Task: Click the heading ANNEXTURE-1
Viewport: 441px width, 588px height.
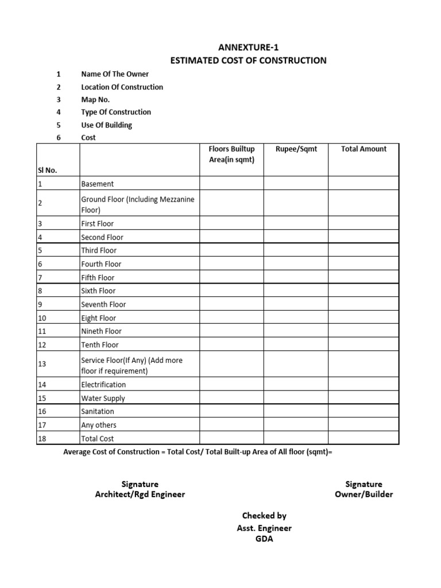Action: (248, 47)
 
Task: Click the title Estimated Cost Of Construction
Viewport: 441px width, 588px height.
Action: (248, 60)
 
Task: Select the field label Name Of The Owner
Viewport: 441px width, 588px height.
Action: (115, 74)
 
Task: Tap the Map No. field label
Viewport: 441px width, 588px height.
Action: (95, 99)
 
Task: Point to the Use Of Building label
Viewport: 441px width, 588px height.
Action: (106, 125)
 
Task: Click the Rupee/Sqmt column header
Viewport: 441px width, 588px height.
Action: (296, 149)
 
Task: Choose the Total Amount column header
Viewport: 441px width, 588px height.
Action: (363, 149)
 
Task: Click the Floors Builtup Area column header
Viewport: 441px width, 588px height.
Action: (231, 154)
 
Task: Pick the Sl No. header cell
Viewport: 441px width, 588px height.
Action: (48, 170)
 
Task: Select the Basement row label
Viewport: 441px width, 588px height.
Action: (98, 184)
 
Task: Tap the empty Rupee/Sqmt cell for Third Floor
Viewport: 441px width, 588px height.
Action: (296, 250)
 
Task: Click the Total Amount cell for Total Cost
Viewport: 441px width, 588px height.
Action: (363, 439)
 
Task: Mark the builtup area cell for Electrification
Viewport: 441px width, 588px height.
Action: (231, 385)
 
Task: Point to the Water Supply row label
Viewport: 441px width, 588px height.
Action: (103, 398)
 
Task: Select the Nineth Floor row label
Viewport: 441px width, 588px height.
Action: (101, 331)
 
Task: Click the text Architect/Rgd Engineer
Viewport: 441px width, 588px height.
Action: (140, 494)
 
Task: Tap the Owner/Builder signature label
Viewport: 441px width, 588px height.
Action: (363, 494)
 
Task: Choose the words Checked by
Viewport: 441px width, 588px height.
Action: (264, 516)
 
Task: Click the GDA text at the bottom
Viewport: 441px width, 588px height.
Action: (264, 539)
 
